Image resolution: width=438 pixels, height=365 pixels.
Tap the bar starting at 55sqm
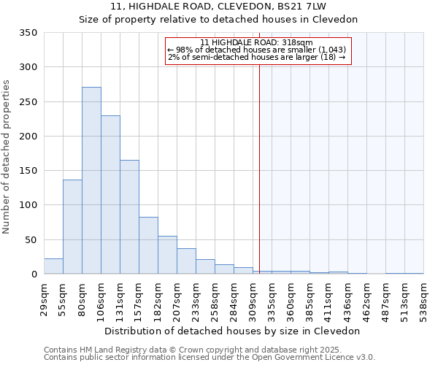pyautogui.click(x=72, y=226)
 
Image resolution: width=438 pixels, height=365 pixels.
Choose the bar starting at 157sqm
pyautogui.click(x=148, y=245)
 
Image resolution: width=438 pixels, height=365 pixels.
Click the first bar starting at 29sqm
pyautogui.click(x=53, y=266)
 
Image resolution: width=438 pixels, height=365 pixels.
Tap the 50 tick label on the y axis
pyautogui.click(x=31, y=239)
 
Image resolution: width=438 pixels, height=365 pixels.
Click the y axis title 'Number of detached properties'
pyautogui.click(x=7, y=158)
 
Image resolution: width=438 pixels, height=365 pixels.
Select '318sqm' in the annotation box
pyautogui.click(x=299, y=42)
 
